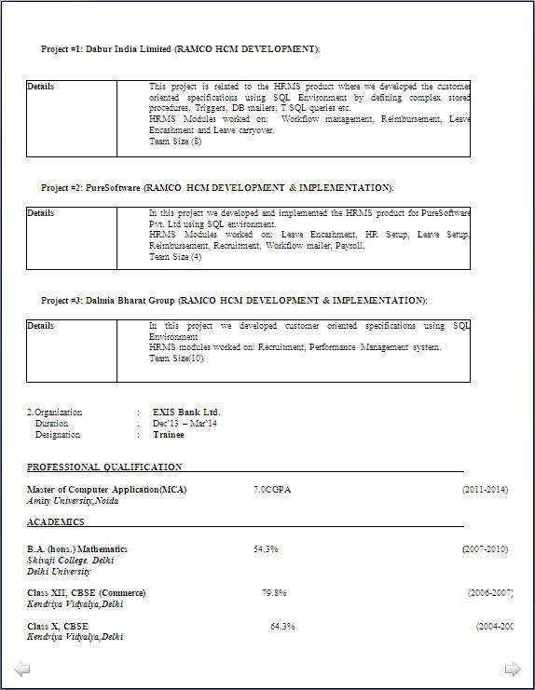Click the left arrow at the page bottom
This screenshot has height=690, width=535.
pyautogui.click(x=22, y=669)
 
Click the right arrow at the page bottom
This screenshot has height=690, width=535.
pyautogui.click(x=512, y=669)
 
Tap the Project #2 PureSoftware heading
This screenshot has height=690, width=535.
pyautogui.click(x=217, y=188)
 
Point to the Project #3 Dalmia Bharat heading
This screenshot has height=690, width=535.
pyautogui.click(x=234, y=301)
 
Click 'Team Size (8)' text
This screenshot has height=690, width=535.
pyautogui.click(x=175, y=142)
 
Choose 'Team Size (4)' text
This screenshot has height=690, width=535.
pyautogui.click(x=175, y=257)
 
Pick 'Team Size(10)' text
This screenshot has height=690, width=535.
pyautogui.click(x=176, y=359)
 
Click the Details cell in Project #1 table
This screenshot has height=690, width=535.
pyautogui.click(x=41, y=87)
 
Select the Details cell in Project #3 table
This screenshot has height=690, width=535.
pyautogui.click(x=41, y=326)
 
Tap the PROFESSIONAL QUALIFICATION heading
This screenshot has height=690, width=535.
pyautogui.click(x=104, y=467)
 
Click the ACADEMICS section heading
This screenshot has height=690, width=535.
pyautogui.click(x=56, y=522)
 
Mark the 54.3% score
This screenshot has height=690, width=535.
pyautogui.click(x=266, y=549)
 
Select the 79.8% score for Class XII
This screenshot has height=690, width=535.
pyautogui.click(x=274, y=593)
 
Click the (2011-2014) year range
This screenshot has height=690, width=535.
pyautogui.click(x=485, y=490)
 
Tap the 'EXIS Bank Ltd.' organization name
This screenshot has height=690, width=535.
pyautogui.click(x=186, y=413)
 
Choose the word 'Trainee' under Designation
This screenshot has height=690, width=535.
pyautogui.click(x=169, y=435)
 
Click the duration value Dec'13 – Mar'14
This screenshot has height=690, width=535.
pyautogui.click(x=185, y=424)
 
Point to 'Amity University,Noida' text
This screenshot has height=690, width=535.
pyautogui.click(x=74, y=501)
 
